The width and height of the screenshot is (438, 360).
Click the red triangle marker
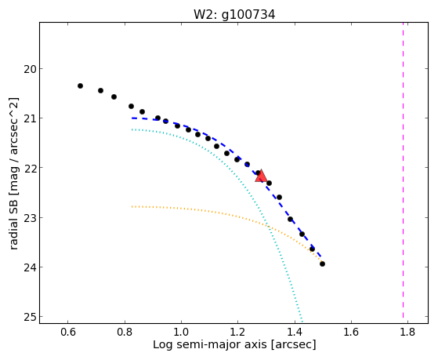tap(261, 176)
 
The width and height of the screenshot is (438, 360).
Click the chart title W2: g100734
tap(234, 15)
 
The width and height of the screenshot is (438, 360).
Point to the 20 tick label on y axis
tap(29, 69)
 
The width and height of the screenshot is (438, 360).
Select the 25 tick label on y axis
tap(29, 317)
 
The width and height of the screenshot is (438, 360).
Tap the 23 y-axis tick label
tap(29, 217)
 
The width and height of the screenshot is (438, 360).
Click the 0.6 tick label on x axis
tap(68, 332)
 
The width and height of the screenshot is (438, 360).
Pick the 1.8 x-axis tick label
tap(407, 332)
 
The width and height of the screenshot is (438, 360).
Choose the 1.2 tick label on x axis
tap(237, 332)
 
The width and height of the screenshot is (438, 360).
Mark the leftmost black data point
tap(80, 85)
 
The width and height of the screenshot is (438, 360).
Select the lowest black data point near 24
tap(322, 264)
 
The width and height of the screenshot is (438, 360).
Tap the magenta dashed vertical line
tap(403, 170)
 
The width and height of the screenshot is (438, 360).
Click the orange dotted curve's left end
tap(132, 207)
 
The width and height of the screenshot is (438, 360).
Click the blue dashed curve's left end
tap(132, 118)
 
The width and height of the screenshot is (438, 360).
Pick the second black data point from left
tap(100, 91)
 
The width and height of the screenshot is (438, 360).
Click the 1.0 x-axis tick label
tap(181, 332)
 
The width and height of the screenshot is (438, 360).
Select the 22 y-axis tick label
tap(29, 168)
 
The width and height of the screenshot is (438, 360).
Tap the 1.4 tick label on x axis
tap(294, 332)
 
